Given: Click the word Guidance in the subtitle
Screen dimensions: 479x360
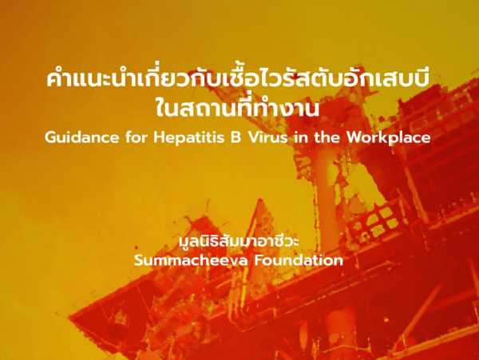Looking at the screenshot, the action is click(81, 138).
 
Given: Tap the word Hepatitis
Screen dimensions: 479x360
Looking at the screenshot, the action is click(188, 138).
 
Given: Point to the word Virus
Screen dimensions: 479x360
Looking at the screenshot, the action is click(267, 138).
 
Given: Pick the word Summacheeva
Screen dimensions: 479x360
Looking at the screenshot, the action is click(191, 260).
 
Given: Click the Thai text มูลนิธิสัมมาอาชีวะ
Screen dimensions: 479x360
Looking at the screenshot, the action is click(239, 242).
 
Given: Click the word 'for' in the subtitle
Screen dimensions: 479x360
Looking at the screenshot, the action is click(136, 138).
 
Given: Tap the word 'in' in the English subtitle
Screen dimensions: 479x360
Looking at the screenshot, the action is click(301, 138).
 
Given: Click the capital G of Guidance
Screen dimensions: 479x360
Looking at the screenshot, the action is click(50, 138).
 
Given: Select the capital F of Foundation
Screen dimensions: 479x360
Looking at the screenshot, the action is click(260, 260).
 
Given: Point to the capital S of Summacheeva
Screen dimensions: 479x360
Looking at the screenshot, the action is click(140, 260).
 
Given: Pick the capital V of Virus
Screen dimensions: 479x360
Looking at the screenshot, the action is click(253, 138).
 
